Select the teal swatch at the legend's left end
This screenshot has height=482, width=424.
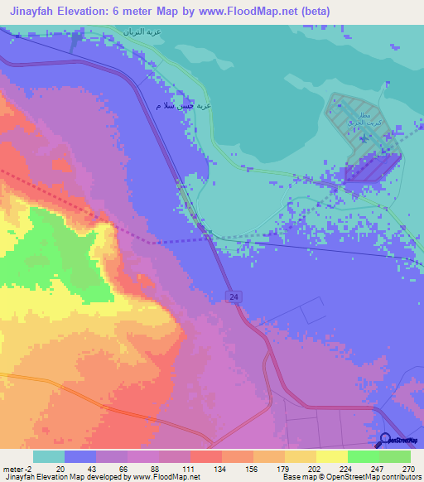point(49,456)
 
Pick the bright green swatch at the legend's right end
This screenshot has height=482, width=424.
point(394,456)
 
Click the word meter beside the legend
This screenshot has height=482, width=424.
point(15,470)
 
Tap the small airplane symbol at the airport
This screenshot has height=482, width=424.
point(387,84)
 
